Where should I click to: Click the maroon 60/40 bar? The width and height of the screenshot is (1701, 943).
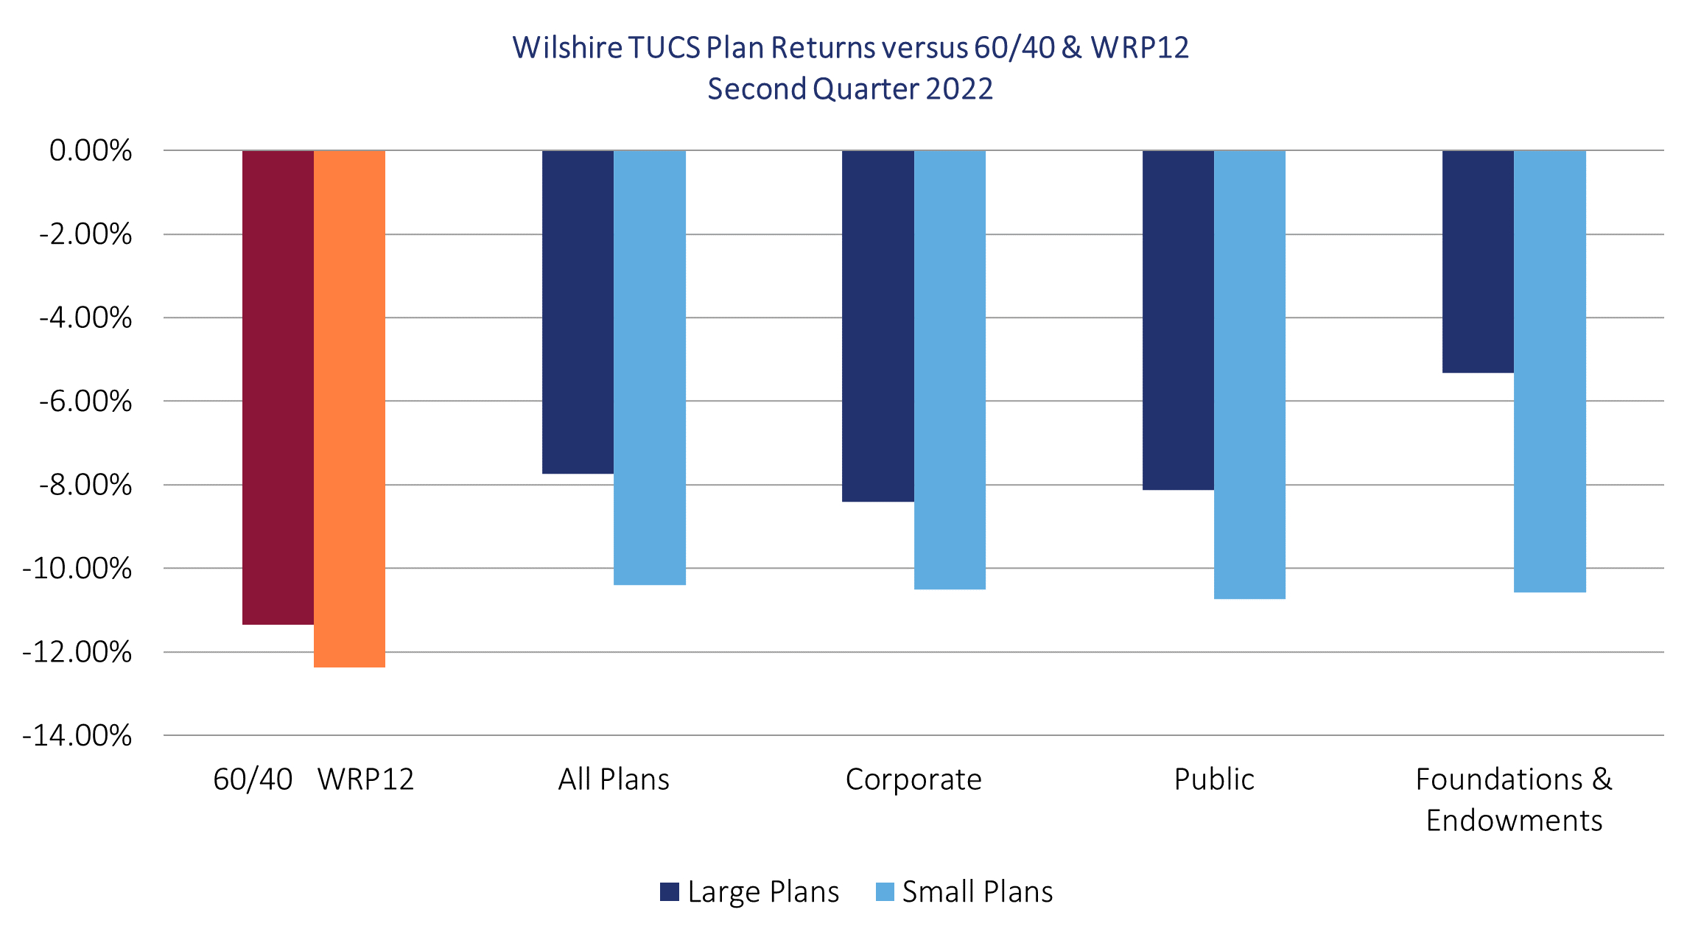[x=278, y=388]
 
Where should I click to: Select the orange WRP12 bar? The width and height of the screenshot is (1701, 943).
[x=349, y=409]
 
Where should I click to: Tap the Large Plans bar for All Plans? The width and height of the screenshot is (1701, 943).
[x=578, y=312]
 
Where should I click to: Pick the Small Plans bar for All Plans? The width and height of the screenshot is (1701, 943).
[x=650, y=368]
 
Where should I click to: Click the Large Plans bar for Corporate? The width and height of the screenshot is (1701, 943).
[x=878, y=326]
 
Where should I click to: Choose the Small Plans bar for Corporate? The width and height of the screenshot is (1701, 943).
[x=950, y=370]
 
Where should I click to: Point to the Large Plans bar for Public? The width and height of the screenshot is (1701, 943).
[x=1178, y=320]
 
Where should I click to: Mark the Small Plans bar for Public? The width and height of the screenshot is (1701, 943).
[x=1249, y=374]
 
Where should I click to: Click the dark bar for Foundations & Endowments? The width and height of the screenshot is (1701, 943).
[x=1478, y=262]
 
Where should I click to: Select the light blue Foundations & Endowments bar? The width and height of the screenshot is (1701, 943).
[x=1550, y=371]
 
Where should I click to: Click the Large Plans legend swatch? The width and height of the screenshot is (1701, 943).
[x=669, y=892]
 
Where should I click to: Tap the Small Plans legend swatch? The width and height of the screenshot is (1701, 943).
[x=885, y=892]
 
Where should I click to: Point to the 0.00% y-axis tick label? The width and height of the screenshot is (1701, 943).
[x=91, y=150]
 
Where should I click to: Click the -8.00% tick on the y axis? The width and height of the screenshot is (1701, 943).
[x=85, y=485]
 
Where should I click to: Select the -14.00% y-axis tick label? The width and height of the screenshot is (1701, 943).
[x=77, y=735]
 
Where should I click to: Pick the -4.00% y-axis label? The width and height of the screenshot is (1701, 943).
[x=85, y=318]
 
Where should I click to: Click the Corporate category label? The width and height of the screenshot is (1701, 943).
[x=913, y=779]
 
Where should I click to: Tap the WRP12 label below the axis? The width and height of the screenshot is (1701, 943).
[x=365, y=779]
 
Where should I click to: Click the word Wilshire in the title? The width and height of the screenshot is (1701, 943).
[x=567, y=48]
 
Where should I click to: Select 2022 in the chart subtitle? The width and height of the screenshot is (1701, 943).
[x=959, y=89]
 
